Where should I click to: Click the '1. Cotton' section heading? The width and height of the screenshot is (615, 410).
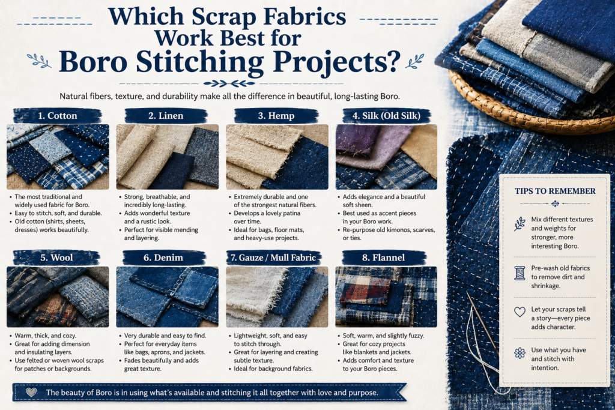[58, 116]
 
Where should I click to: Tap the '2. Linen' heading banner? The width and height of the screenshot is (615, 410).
[166, 116]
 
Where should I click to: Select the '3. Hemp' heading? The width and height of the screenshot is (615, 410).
[276, 116]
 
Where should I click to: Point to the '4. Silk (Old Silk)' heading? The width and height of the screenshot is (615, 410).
[386, 116]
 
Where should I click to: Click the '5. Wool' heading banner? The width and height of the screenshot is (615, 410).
[56, 258]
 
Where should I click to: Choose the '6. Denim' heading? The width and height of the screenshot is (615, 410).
[163, 258]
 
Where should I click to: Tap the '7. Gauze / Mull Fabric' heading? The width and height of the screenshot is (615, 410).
[273, 258]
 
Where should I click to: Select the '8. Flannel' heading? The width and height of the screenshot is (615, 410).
[384, 258]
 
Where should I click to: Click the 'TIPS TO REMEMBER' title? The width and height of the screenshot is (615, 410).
[555, 191]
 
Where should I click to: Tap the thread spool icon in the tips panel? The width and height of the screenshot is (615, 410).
[520, 273]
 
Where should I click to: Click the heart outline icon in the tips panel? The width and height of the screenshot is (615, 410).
[520, 312]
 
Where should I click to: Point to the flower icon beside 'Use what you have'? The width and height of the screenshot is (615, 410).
[520, 353]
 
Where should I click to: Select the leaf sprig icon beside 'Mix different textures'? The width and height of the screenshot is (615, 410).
[520, 224]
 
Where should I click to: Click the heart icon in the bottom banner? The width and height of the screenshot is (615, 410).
[31, 392]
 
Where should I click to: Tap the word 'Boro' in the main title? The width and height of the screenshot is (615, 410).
[93, 62]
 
